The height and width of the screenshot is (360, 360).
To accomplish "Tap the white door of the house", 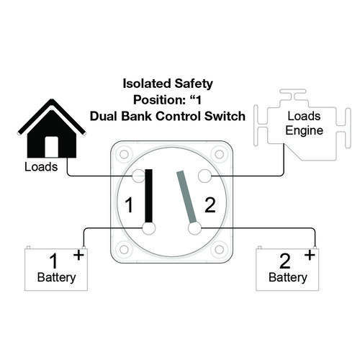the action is tap(52, 147).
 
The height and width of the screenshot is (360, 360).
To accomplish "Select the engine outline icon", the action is tap(302, 125).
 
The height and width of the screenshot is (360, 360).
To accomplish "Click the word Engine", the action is tap(304, 131).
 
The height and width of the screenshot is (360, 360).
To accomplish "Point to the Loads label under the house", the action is tap(41, 167).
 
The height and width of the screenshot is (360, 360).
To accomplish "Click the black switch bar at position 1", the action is tap(149, 196).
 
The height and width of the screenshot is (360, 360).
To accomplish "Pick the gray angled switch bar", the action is tap(186, 197).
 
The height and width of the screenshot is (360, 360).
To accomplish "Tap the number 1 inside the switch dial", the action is tap(130, 204).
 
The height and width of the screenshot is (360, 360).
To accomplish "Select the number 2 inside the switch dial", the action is tap(210, 205).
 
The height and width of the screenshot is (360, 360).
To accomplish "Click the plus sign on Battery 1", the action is tap(78, 255).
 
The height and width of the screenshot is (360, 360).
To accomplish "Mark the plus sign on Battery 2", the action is tap(310, 255).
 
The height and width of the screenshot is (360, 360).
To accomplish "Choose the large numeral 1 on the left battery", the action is tap(53, 261).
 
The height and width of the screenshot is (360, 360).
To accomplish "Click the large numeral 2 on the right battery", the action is tap(285, 261).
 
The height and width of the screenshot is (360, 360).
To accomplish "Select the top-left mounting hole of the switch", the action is tap(124, 154).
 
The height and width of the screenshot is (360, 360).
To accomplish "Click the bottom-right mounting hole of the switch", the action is tap(220, 250).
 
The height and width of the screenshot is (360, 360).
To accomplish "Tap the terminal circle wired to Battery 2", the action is tap(194, 228).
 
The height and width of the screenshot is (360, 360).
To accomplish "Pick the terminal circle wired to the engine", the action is tap(204, 176).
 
